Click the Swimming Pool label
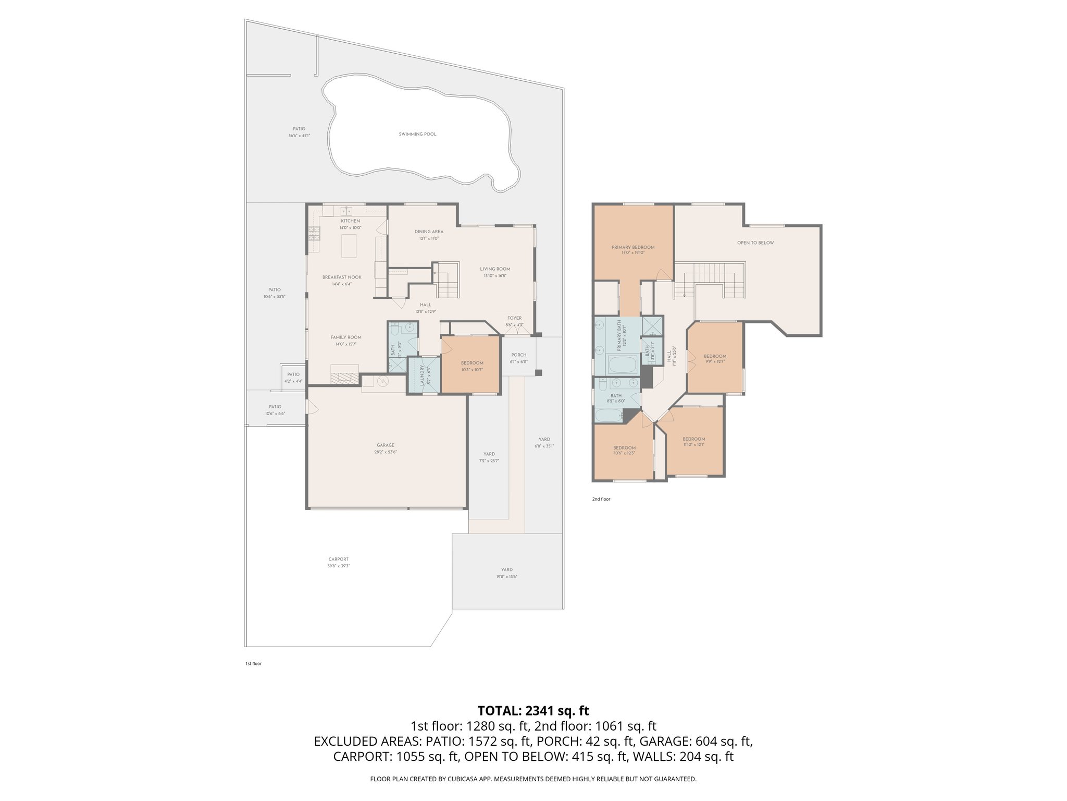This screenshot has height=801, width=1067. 417,134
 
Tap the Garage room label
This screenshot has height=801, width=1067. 386,445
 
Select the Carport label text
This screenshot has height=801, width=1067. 339,559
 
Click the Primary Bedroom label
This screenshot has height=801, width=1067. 633,247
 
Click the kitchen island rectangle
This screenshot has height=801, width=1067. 349,246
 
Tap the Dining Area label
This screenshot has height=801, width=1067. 429,232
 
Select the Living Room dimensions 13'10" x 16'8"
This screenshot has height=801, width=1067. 495,276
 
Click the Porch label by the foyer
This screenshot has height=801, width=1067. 518,355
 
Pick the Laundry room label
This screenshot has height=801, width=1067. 423,374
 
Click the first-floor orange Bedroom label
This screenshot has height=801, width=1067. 472,363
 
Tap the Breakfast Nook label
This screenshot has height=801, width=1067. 341,277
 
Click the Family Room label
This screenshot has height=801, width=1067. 346,337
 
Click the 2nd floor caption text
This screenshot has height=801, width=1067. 601,499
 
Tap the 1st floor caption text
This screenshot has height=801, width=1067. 253,664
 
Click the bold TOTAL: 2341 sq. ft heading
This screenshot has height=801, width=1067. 533,710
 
